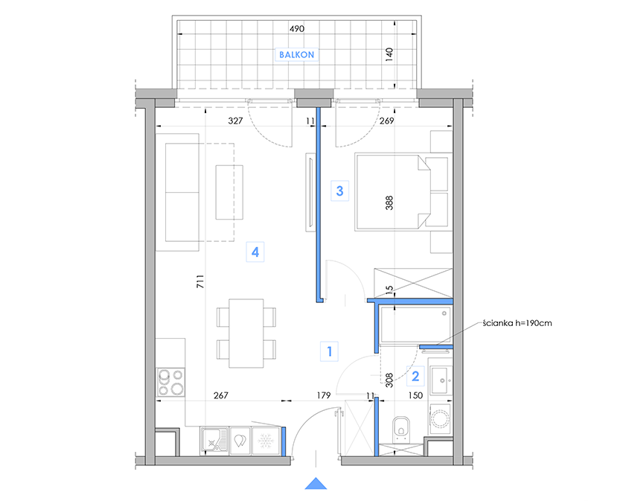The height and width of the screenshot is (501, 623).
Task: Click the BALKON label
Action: coord(296,54)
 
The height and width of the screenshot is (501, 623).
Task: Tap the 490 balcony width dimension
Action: coord(297,28)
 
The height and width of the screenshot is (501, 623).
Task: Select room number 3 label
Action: coord(339,191)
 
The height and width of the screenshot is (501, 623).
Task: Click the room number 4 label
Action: coord(255,252)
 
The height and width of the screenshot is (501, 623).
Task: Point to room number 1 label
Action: coord(330,351)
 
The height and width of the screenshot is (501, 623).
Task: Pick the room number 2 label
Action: coord(415,376)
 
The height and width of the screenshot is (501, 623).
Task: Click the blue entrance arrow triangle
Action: coord(316,483)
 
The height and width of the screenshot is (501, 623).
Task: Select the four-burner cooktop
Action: coord(171,382)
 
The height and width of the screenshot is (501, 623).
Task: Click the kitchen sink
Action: coord(214,441)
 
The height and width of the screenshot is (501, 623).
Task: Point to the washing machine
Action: coord(441,419)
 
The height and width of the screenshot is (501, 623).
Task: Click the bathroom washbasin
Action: coord(441,380)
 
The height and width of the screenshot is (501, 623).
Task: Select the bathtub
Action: coord(415,325)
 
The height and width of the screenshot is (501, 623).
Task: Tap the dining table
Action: coord(246,334)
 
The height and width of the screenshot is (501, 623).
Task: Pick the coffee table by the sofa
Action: coord(229,192)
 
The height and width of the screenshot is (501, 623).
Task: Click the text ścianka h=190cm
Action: coord(517,323)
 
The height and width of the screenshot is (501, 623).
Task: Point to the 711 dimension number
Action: coord(200,281)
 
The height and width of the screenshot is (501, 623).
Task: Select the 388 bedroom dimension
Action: coord(389,202)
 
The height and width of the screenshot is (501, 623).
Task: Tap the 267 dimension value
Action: coord(221,395)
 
